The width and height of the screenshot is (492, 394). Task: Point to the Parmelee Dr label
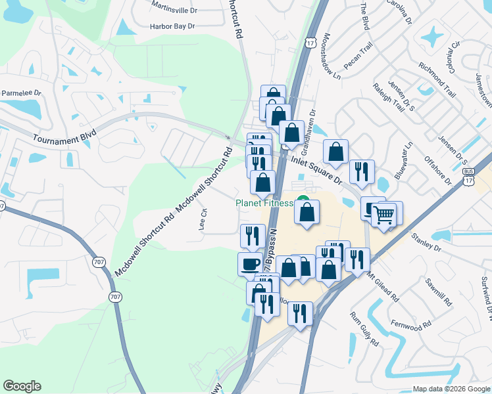coord(20,93)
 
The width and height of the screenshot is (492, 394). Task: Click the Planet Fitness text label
coord(264,203)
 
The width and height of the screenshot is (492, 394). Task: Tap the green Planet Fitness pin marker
coord(303,202)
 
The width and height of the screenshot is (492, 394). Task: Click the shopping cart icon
coord(384,213)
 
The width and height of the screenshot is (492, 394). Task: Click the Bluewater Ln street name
coord(403,160)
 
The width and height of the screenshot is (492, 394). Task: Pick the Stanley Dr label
coord(425,241)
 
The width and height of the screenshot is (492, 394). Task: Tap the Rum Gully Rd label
coord(363,328)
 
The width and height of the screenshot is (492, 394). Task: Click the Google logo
coord(22,386)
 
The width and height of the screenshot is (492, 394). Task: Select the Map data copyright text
coord(451,389)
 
